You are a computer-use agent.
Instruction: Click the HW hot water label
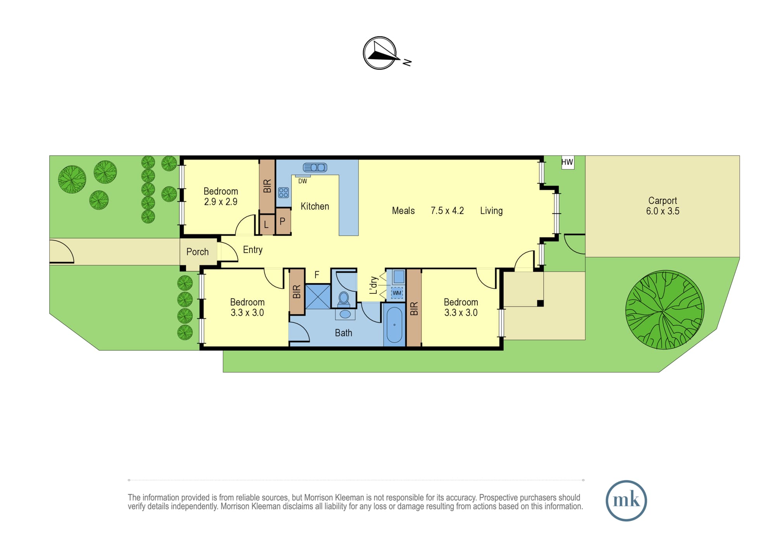pyautogui.click(x=567, y=162)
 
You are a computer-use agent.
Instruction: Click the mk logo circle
pyautogui.click(x=626, y=500)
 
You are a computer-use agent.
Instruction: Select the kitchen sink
pyautogui.click(x=315, y=167)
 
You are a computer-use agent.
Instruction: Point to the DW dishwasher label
pyautogui.click(x=303, y=181)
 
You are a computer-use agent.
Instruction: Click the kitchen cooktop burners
pyautogui.click(x=284, y=193)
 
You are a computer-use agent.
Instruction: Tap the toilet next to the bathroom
pyautogui.click(x=344, y=299)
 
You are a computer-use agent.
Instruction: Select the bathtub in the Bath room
pyautogui.click(x=394, y=325)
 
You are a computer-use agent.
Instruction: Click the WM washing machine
pyautogui.click(x=397, y=293)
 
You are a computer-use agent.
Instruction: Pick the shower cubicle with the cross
pyautogui.click(x=318, y=296)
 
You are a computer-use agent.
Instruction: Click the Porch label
pyautogui.click(x=198, y=252)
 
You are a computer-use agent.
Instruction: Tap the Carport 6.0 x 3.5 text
pyautogui.click(x=663, y=206)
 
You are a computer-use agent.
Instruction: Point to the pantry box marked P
pyautogui.click(x=283, y=221)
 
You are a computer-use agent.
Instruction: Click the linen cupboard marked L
pyautogui.click(x=267, y=224)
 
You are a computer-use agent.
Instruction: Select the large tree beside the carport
pyautogui.click(x=665, y=310)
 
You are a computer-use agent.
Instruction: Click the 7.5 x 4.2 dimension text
pyautogui.click(x=447, y=211)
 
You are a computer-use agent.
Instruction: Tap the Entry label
pyautogui.click(x=253, y=250)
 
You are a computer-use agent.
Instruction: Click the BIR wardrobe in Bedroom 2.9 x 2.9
pyautogui.click(x=267, y=186)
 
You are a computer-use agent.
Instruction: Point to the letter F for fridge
pyautogui.click(x=317, y=275)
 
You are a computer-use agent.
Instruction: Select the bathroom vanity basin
pyautogui.click(x=345, y=314)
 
